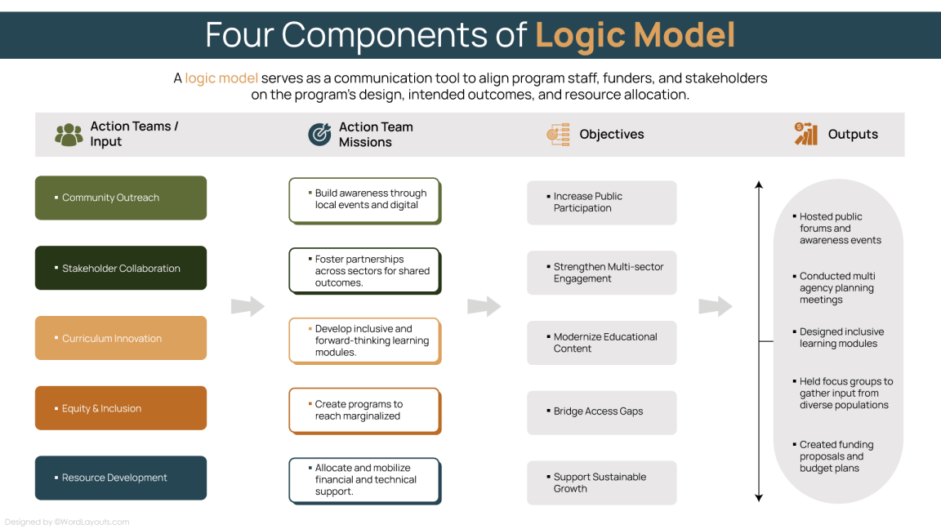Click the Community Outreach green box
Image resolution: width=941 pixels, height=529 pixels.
(121, 198)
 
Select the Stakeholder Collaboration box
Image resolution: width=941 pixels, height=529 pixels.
(121, 268)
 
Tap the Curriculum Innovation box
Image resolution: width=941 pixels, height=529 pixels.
(121, 338)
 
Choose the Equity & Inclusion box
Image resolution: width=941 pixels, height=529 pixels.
(121, 408)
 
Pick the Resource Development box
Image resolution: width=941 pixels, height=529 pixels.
(121, 478)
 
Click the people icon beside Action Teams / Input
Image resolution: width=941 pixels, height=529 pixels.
(69, 135)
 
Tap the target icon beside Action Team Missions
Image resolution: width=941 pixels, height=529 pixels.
(319, 135)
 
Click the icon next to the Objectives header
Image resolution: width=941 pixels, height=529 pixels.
(558, 135)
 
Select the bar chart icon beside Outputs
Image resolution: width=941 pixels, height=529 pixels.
(806, 135)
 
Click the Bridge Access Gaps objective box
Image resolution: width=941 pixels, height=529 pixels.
(601, 412)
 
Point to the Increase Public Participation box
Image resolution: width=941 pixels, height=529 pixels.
(601, 202)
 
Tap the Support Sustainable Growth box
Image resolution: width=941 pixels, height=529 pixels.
(601, 482)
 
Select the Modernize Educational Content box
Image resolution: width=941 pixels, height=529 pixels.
(601, 342)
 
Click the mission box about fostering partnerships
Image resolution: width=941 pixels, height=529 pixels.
(364, 270)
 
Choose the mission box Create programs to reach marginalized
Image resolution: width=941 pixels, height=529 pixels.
(364, 410)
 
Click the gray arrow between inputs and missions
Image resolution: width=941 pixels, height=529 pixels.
(248, 306)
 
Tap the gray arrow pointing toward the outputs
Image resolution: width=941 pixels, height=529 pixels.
(715, 306)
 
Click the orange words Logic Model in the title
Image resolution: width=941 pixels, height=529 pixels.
(635, 35)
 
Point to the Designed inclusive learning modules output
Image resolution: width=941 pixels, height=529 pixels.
(841, 338)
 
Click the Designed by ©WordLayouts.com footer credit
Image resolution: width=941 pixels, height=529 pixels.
(67, 522)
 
